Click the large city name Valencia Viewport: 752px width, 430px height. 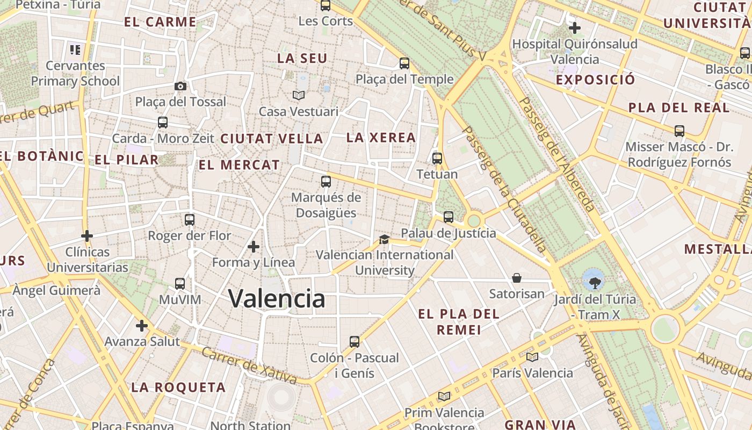tap(277, 298)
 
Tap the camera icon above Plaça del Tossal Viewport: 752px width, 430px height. tap(180, 86)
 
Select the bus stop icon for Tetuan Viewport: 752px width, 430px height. tap(437, 159)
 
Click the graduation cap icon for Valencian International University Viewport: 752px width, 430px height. tap(384, 239)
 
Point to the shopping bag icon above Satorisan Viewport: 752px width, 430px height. tap(517, 278)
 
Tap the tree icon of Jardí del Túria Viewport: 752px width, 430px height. tap(595, 282)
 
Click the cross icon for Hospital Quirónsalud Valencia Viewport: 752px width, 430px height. tap(575, 27)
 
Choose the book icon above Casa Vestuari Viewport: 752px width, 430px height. tap(299, 95)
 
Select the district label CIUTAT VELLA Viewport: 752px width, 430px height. tap(272, 139)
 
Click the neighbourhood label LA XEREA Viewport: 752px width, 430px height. tap(381, 138)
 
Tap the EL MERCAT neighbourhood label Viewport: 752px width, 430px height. tap(240, 165)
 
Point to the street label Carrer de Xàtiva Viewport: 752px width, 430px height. tap(249, 365)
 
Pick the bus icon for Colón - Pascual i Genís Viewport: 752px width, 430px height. tap(355, 341)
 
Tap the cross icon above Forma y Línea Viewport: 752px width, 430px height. tap(254, 247)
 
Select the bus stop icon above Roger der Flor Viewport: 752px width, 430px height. tap(190, 219)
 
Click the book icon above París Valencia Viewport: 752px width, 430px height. tap(532, 356)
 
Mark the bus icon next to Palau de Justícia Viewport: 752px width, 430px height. tap(449, 217)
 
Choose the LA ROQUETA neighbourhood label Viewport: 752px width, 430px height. tap(178, 387)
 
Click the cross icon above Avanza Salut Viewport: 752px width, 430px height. tap(142, 326)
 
